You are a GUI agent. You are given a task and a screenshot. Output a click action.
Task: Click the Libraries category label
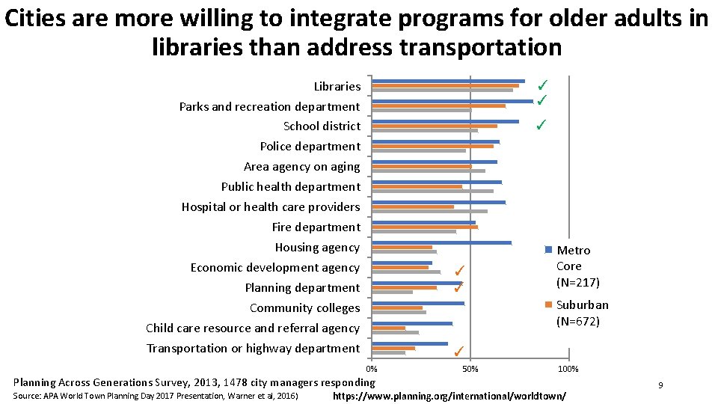[x=337, y=86]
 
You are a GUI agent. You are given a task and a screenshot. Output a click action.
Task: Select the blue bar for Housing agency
[x=441, y=242]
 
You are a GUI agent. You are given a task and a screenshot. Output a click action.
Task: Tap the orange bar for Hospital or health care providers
[x=413, y=206]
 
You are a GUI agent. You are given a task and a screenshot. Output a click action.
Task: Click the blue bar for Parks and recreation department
[x=452, y=101]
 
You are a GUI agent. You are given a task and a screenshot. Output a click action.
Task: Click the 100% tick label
[x=568, y=369]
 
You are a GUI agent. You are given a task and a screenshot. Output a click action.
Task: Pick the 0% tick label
[x=372, y=369]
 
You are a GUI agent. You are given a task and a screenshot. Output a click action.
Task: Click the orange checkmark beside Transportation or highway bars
[x=459, y=351]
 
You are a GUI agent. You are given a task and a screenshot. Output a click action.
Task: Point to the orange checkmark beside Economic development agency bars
[x=460, y=270]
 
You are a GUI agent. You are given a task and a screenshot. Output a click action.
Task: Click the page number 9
[x=660, y=385]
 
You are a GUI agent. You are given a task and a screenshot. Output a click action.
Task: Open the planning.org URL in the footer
[x=449, y=395]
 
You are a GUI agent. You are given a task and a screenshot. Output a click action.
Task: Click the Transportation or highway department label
[x=253, y=348]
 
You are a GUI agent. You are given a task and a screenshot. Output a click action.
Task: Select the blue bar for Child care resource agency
[x=412, y=323]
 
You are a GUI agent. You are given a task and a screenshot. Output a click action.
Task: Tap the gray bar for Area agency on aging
[x=429, y=171]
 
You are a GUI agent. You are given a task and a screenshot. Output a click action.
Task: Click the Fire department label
[x=316, y=227]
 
